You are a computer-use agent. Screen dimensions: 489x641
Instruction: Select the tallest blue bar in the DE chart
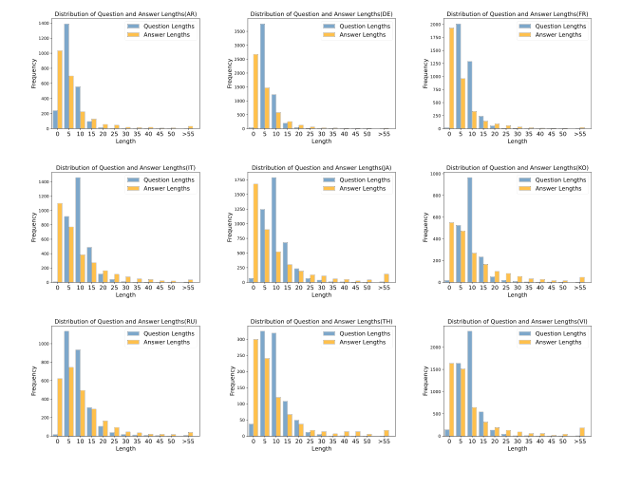[x=262, y=76]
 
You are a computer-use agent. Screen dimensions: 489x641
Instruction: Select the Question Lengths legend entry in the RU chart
[x=161, y=333]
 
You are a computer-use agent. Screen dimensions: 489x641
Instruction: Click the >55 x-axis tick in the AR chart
[x=190, y=135]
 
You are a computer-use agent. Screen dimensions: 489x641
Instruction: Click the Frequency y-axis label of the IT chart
[x=33, y=228]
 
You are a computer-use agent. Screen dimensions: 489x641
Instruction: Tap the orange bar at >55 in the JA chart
[x=386, y=278]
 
